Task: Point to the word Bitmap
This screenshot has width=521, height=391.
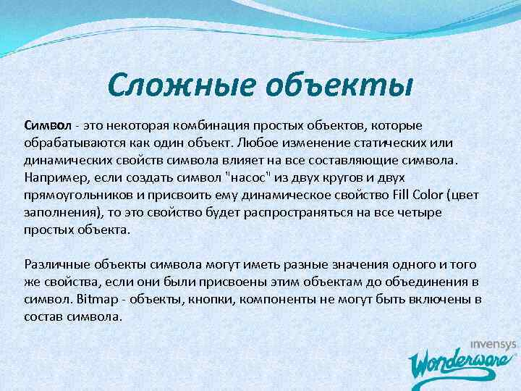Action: (96, 300)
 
